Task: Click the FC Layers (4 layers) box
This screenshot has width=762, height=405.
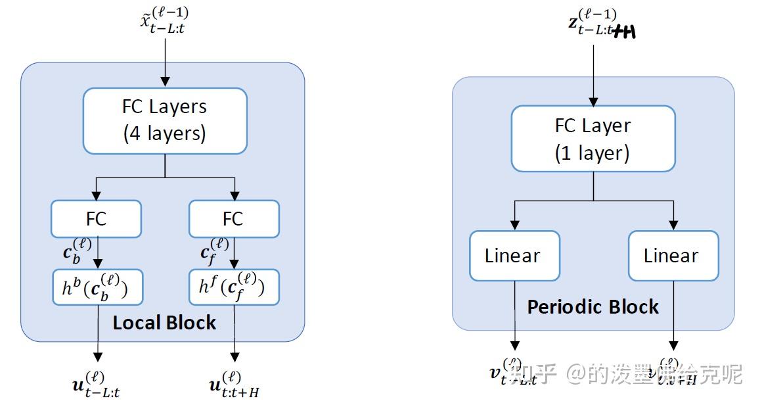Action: click(x=165, y=120)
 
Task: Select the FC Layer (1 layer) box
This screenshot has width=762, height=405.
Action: click(x=593, y=139)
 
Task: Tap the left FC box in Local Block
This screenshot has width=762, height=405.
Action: click(x=96, y=219)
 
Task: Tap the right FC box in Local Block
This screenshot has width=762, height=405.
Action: click(x=234, y=219)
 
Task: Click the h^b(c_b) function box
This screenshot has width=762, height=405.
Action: click(x=97, y=287)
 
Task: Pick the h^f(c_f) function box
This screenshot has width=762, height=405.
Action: click(x=234, y=287)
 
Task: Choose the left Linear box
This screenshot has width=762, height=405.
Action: click(x=514, y=255)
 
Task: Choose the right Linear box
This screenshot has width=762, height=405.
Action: click(x=673, y=255)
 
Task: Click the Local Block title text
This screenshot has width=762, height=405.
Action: click(x=164, y=323)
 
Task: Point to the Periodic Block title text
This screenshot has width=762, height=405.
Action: click(x=593, y=307)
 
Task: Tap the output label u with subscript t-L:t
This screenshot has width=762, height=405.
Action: click(x=97, y=383)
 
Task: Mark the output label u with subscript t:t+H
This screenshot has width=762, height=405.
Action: click(x=234, y=383)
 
